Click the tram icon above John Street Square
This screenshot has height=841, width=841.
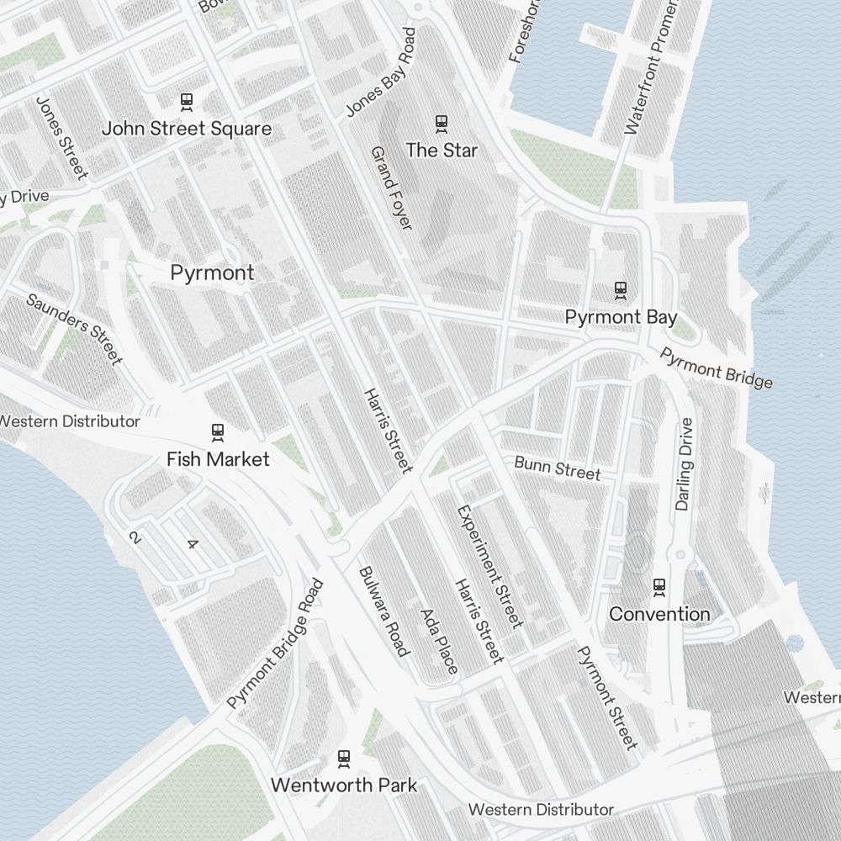(187, 102)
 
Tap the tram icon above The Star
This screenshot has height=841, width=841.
(441, 124)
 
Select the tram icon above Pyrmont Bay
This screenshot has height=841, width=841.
(621, 290)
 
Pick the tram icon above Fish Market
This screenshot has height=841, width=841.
(218, 432)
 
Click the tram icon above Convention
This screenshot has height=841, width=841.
(659, 586)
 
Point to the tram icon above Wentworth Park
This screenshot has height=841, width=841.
(343, 758)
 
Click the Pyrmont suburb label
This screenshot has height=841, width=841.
(212, 272)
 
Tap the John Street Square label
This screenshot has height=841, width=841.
(187, 129)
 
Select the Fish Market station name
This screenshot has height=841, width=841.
(218, 459)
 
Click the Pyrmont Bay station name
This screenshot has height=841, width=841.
(621, 317)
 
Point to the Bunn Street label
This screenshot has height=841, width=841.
(558, 468)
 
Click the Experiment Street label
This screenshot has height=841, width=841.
(489, 566)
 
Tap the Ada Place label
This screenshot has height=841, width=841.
(439, 641)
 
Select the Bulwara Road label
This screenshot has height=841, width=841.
(383, 611)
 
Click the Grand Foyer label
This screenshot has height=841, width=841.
(392, 188)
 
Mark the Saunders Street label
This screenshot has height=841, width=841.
(74, 329)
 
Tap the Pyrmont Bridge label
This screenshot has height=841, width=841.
(716, 368)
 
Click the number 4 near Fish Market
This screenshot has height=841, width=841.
(192, 544)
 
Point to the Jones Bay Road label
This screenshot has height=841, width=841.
(381, 72)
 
